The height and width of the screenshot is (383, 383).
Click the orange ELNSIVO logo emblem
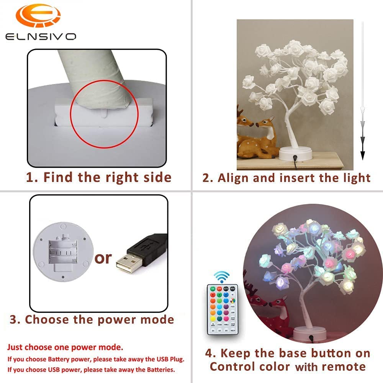click(x=38, y=16)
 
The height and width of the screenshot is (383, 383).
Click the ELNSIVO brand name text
click(x=41, y=37)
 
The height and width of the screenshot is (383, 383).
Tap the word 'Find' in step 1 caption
click(x=59, y=177)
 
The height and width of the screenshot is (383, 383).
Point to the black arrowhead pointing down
click(x=362, y=155)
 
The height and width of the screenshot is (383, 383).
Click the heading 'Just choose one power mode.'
click(x=65, y=348)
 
